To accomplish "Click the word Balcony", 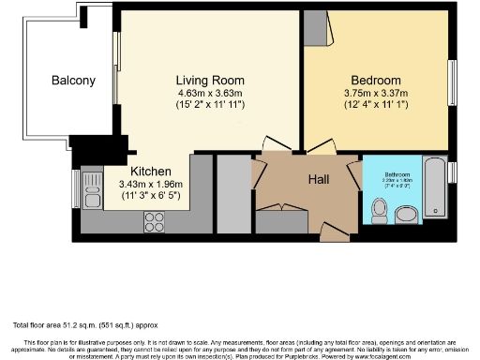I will pos(73,81).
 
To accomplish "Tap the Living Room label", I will pos(212,80).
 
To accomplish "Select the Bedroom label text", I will pos(376,80).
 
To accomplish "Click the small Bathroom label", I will pos(394,175).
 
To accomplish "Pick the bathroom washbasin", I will pos(409,216).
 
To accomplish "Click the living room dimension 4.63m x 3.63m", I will pos(212,93).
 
